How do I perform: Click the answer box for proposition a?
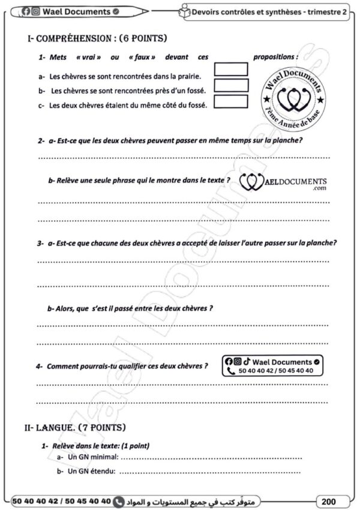click(230, 69)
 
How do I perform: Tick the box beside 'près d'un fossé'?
click(230, 85)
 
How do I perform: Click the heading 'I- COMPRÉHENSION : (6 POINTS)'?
click(97, 39)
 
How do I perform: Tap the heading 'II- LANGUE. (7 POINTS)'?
click(75, 428)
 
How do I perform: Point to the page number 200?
click(329, 500)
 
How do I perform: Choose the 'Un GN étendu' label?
click(90, 471)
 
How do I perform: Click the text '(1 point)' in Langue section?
click(135, 446)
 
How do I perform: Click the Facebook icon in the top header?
click(26, 11)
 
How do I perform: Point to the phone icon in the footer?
click(118, 500)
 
